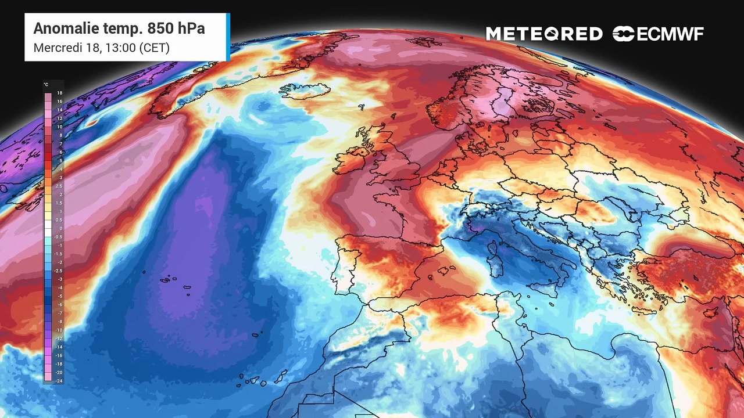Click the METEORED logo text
pos(544,34)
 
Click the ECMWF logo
pos(658,34)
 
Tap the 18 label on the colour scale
pos(60,93)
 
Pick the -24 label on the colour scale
pos(59,381)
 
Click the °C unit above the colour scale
pos(46,85)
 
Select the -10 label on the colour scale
pos(59,330)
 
